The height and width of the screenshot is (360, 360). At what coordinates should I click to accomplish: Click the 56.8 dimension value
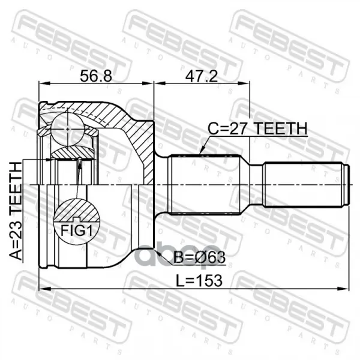96,76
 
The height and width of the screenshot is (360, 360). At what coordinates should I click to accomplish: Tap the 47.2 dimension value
202,76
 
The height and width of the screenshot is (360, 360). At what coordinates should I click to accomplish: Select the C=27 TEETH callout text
257,128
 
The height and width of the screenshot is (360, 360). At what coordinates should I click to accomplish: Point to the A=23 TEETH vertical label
16,211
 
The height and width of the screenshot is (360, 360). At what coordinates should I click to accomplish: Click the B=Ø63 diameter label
199,257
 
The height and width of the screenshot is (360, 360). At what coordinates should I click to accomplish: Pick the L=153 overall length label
199,281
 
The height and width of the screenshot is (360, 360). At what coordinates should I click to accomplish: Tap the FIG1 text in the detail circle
77,230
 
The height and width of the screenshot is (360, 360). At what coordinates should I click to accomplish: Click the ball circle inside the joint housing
67,129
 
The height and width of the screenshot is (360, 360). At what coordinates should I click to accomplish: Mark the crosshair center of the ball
67,129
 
